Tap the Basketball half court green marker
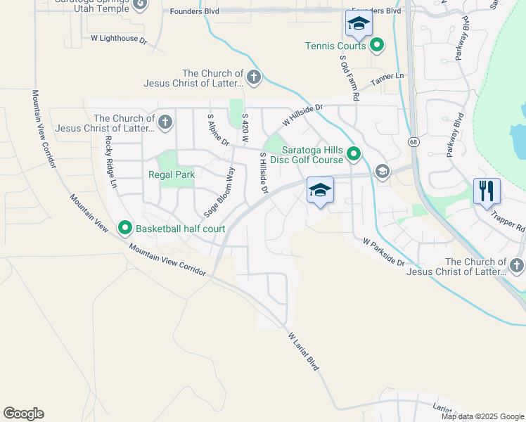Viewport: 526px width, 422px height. [x=126, y=228]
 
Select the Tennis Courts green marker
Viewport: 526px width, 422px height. [x=378, y=46]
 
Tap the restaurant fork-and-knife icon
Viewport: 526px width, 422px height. [x=487, y=190]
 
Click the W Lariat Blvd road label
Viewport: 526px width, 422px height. [x=304, y=352]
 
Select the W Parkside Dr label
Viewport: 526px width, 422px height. [x=384, y=252]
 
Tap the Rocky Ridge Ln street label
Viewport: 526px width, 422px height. [x=110, y=161]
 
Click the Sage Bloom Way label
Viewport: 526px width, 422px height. [x=219, y=191]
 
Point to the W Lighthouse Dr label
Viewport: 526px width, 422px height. [x=119, y=40]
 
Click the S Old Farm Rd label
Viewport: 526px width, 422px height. [x=349, y=77]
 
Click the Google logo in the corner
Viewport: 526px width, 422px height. [x=23, y=414]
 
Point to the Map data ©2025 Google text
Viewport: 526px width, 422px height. [x=482, y=416]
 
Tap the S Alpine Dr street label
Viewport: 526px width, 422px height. [x=219, y=130]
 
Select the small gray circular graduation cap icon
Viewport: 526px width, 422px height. [x=382, y=172]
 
